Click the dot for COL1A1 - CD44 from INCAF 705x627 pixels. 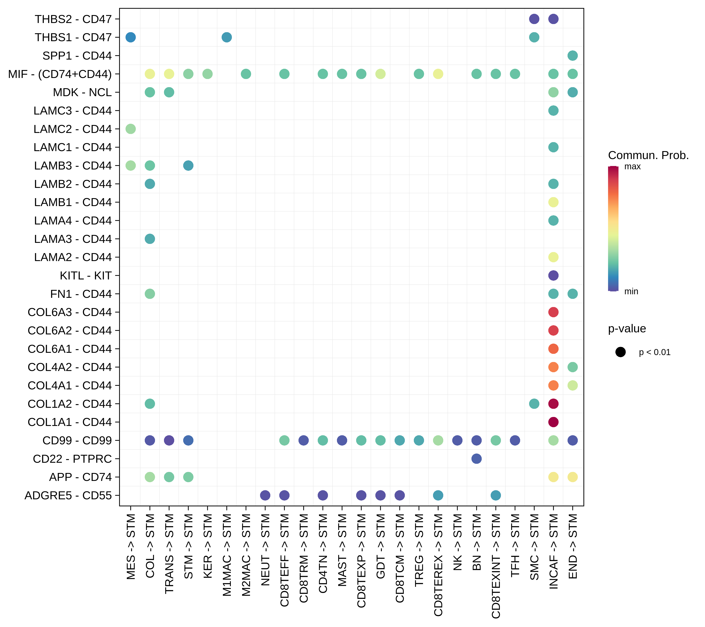pyautogui.click(x=553, y=422)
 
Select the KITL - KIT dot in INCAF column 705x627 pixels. pyautogui.click(x=553, y=275)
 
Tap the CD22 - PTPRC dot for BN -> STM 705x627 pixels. pyautogui.click(x=476, y=459)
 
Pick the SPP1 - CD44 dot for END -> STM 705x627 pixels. pyautogui.click(x=572, y=56)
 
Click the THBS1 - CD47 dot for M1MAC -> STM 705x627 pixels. pyautogui.click(x=227, y=37)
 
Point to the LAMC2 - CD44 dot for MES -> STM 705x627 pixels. pyautogui.click(x=130, y=129)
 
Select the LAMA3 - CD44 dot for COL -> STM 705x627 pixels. pyautogui.click(x=150, y=239)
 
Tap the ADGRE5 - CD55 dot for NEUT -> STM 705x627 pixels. pyautogui.click(x=265, y=495)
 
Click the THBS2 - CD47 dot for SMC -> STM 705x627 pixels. pyautogui.click(x=534, y=19)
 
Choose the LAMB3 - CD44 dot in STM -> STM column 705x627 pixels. pyautogui.click(x=188, y=166)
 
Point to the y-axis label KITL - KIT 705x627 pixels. pyautogui.click(x=85, y=276)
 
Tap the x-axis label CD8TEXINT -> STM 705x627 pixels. pyautogui.click(x=496, y=566)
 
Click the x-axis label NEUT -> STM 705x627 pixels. pyautogui.click(x=265, y=550)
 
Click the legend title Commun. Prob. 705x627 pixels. pyautogui.click(x=648, y=155)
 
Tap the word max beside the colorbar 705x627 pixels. pyautogui.click(x=632, y=167)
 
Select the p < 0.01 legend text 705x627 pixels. pyautogui.click(x=654, y=352)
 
